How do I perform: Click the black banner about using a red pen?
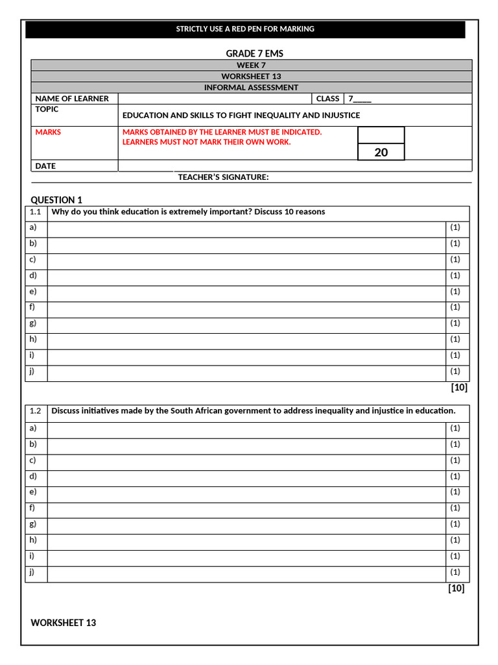(x=245, y=29)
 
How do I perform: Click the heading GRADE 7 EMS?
(x=254, y=53)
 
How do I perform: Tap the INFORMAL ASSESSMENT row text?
(x=251, y=87)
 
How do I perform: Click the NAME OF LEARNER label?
(x=72, y=99)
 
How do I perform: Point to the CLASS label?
(x=327, y=99)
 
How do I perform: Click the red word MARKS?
(x=48, y=132)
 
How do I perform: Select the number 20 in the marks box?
(x=381, y=152)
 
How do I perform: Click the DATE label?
(x=45, y=166)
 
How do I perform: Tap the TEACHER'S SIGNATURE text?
(x=223, y=177)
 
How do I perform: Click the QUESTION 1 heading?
(x=56, y=200)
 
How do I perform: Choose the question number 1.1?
(x=35, y=212)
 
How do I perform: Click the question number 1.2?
(x=35, y=410)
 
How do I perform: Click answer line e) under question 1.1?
(x=246, y=292)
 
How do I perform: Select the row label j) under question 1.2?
(x=32, y=571)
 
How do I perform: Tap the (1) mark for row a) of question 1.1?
(x=455, y=227)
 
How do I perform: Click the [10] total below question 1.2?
(x=456, y=588)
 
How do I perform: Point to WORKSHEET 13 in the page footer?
(x=63, y=623)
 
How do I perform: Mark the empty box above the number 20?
(x=381, y=134)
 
